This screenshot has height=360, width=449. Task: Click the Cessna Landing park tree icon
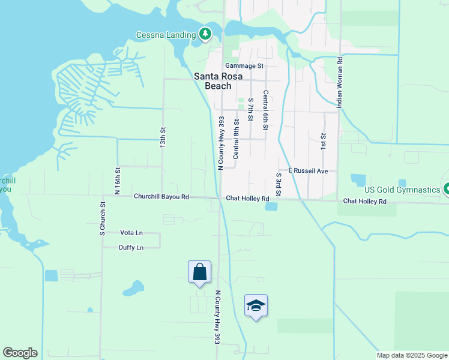point(206,34)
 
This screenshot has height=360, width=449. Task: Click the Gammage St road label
point(244,66)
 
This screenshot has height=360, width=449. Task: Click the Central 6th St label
point(265,110)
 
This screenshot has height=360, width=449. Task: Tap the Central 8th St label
point(236,139)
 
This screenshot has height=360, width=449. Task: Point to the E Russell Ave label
point(308,171)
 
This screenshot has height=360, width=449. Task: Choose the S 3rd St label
point(279,184)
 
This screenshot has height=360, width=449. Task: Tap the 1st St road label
point(323,142)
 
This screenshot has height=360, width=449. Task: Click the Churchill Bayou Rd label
point(161,196)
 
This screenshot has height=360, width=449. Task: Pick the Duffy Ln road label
point(131,247)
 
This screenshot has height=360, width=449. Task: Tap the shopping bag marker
point(199,272)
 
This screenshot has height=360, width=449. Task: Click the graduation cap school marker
point(256,305)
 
